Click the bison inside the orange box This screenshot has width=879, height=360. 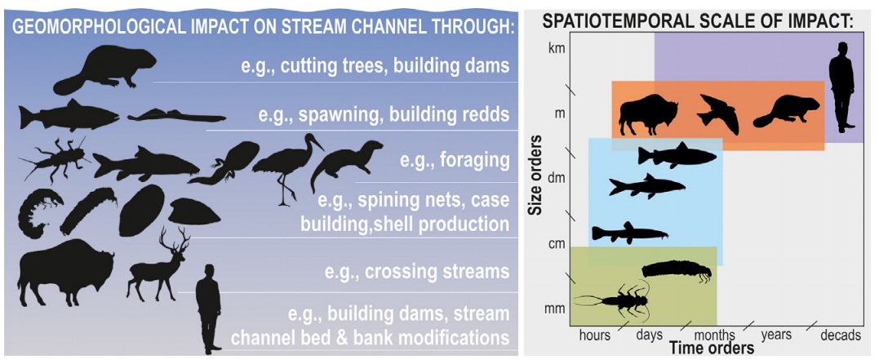click(648, 115)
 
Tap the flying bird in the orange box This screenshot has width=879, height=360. click(718, 113)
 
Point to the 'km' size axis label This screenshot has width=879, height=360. click(557, 47)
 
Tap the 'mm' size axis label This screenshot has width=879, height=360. click(556, 309)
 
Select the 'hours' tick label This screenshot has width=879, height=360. click(594, 336)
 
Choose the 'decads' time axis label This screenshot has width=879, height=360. click(841, 336)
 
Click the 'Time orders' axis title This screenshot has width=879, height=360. click(712, 349)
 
